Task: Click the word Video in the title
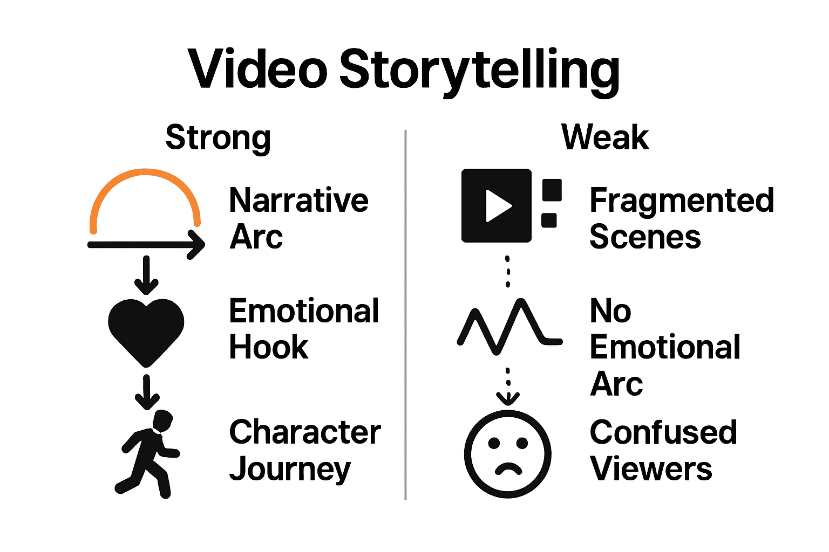click(258, 70)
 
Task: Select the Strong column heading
click(218, 138)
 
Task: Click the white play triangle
click(498, 205)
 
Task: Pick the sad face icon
click(507, 454)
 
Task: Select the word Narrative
click(298, 201)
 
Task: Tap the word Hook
click(269, 347)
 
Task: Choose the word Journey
click(290, 469)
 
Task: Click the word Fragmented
click(682, 201)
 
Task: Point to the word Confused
click(663, 432)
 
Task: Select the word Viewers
click(651, 469)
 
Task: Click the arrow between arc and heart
click(146, 274)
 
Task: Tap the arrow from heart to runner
click(146, 392)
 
